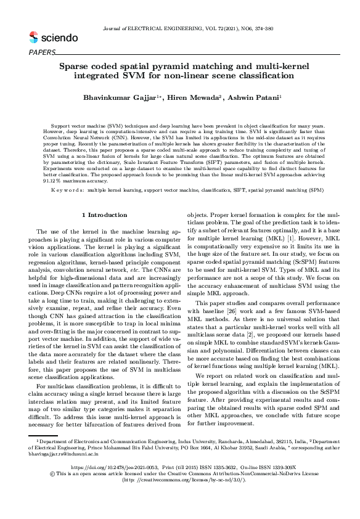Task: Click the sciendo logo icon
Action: point(33,38)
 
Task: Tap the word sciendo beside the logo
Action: point(59,38)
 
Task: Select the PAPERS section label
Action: point(42,52)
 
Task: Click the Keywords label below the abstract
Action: point(68,190)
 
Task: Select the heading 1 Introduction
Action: point(104,215)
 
